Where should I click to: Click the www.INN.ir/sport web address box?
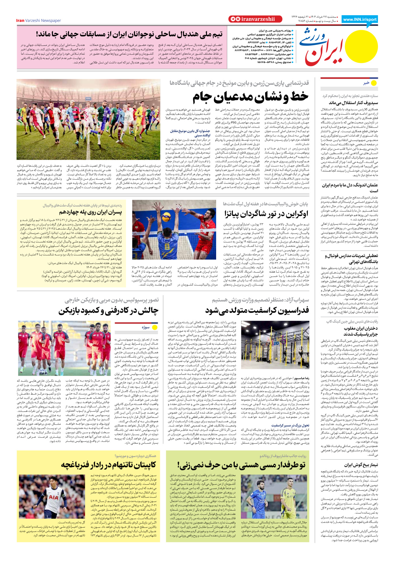(x=360, y=19)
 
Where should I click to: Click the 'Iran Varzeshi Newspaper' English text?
(x=39, y=21)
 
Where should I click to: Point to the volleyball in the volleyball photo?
(x=166, y=217)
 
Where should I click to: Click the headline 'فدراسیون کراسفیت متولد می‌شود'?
(x=257, y=310)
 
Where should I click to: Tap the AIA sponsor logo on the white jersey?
(x=54, y=498)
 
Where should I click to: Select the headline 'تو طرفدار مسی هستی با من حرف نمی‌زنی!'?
(x=241, y=465)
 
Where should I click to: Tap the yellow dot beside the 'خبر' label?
(x=374, y=83)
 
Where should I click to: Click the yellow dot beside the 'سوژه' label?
(x=155, y=327)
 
